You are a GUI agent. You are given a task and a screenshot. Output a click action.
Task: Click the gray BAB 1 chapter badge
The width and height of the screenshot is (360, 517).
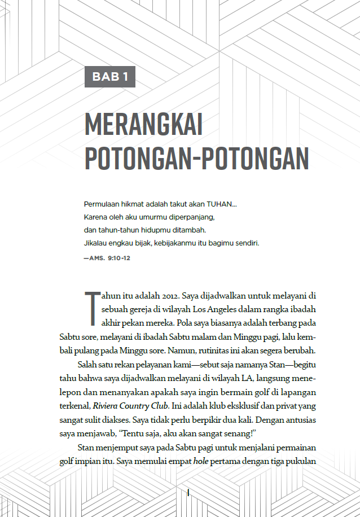tap(110, 77)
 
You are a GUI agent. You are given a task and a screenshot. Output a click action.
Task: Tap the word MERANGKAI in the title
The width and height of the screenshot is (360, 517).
tap(143, 124)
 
